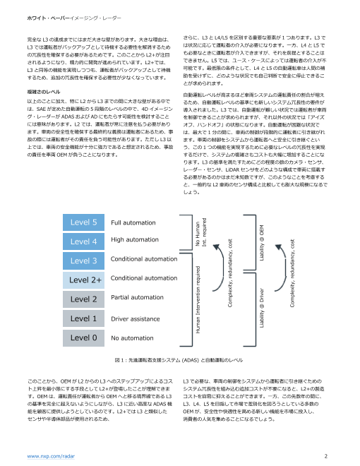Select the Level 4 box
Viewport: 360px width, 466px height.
click(x=84, y=241)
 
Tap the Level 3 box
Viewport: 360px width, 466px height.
click(x=84, y=261)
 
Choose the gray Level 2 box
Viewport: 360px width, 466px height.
click(x=84, y=299)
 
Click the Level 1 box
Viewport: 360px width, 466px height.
click(x=84, y=318)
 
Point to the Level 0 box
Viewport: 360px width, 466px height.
click(x=84, y=337)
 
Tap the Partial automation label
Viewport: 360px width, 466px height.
click(x=138, y=298)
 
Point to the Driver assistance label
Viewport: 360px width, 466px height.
click(x=138, y=318)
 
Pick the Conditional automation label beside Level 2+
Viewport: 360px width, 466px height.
click(x=144, y=279)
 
